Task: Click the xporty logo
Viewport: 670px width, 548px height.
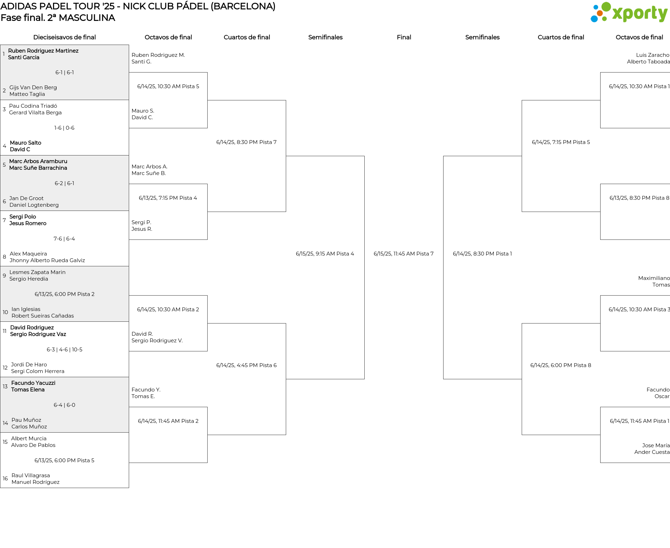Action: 629,13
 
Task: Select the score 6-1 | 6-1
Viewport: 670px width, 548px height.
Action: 65,73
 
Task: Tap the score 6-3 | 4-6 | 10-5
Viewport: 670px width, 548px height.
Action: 65,350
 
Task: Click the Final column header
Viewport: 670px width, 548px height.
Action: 404,37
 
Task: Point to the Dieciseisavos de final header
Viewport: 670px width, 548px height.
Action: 65,37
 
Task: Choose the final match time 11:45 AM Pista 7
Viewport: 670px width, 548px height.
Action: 403,254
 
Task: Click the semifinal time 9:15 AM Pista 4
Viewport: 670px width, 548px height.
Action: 325,254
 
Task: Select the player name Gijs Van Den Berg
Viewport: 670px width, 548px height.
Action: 33,87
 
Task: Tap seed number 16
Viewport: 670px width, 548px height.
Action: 5,479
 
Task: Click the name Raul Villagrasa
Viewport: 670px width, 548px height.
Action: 31,475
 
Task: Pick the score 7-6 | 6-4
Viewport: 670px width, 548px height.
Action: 64,239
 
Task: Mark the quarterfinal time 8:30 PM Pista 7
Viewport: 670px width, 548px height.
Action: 246,142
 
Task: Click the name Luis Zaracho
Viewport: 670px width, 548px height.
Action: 653,55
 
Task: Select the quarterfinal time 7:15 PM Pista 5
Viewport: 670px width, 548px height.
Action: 561,142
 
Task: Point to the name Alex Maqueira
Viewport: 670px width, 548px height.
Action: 28,254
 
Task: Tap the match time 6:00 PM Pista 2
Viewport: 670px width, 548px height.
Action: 65,294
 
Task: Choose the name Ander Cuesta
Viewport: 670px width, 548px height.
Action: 652,452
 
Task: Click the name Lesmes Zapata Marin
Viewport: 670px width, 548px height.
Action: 37,272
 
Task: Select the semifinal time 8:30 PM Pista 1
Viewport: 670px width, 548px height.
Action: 482,254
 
